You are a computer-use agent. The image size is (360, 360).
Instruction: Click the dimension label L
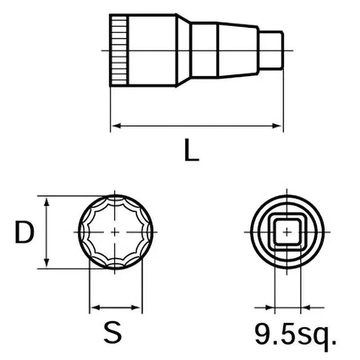[192, 150]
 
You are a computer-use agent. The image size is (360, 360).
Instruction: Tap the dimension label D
[24, 232]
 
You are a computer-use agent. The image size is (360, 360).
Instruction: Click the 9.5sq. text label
[295, 334]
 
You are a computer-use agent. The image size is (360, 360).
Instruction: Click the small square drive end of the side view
[271, 50]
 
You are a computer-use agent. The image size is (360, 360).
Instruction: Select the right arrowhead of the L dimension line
[279, 126]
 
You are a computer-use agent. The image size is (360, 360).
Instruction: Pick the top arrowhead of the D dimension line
[46, 200]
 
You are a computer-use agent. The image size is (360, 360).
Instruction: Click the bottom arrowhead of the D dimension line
[46, 264]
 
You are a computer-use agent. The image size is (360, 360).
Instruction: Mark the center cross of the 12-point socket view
[115, 232]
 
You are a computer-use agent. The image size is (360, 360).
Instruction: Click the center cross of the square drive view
[287, 232]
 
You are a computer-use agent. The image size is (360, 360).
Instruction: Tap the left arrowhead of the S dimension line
[93, 308]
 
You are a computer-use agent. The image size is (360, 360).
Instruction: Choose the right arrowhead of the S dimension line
[138, 308]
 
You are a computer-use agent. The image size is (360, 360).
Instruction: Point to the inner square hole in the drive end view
[287, 232]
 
